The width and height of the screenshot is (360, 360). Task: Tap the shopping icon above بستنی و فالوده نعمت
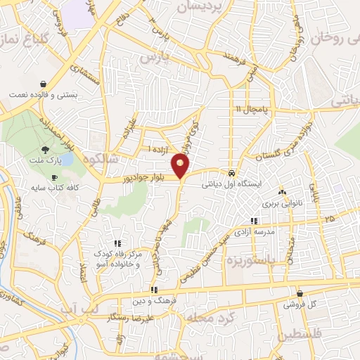point(44,83)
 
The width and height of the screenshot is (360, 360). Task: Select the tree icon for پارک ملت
point(46,149)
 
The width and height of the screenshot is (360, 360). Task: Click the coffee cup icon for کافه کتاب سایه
point(55,179)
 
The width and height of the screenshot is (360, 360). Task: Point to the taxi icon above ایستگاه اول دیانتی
point(231,173)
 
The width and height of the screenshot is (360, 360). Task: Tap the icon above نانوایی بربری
point(281,191)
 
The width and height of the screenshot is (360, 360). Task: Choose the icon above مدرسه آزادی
point(254,221)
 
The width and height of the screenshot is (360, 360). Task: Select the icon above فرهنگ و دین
point(153,290)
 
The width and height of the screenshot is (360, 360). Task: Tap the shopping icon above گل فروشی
point(300,294)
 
